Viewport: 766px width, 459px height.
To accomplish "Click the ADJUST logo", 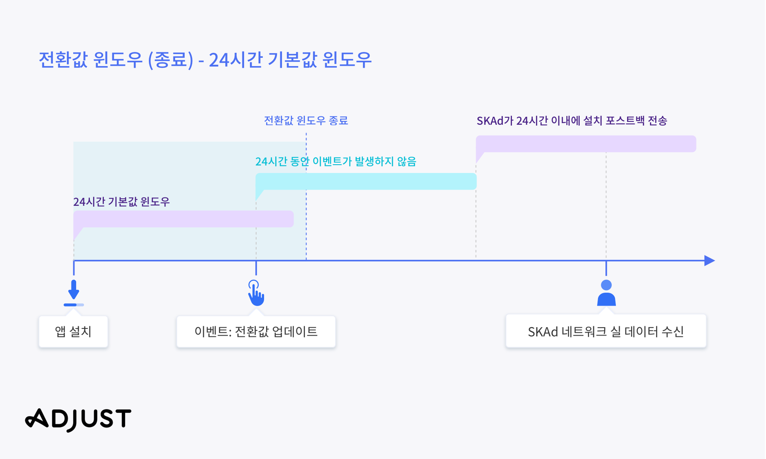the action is (78, 420).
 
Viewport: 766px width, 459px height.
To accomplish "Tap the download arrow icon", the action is (74, 290).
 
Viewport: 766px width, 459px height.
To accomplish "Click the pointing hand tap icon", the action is (256, 293).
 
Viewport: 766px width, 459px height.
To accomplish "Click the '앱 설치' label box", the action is (73, 332).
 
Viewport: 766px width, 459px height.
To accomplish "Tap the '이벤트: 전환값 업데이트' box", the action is (256, 332).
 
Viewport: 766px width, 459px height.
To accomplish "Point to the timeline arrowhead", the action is (710, 261).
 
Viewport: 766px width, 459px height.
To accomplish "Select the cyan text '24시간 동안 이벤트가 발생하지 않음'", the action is (336, 161).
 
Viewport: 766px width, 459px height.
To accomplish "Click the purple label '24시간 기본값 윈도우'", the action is (122, 202).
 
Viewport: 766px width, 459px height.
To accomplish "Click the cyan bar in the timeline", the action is (366, 182).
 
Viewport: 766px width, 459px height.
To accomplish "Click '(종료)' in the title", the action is (171, 60).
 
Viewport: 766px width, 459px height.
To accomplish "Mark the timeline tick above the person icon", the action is (607, 268).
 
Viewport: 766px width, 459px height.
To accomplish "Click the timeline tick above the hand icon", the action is (256, 268).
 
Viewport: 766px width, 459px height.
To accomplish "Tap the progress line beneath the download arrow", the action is (74, 305).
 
